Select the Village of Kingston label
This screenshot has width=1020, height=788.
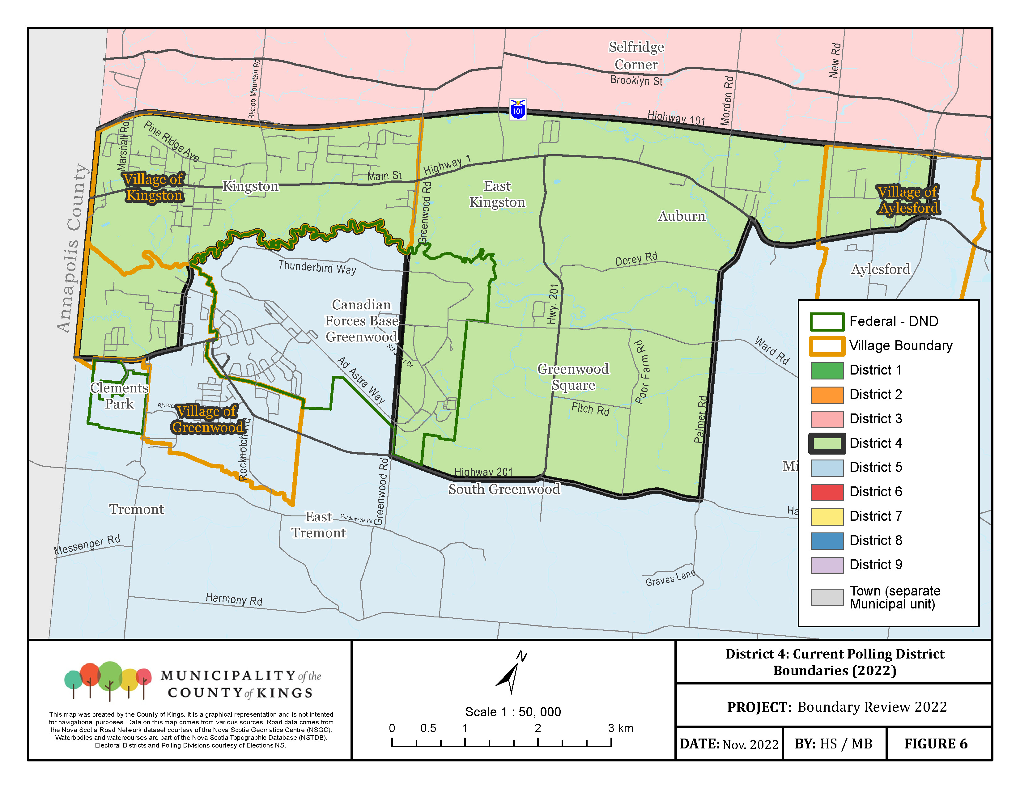click(154, 187)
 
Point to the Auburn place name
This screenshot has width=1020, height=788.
click(682, 216)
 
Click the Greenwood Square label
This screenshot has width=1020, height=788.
click(573, 377)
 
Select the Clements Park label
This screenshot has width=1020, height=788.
click(119, 396)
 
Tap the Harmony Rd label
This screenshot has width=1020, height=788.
click(234, 599)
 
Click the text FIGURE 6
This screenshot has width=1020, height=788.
click(936, 744)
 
